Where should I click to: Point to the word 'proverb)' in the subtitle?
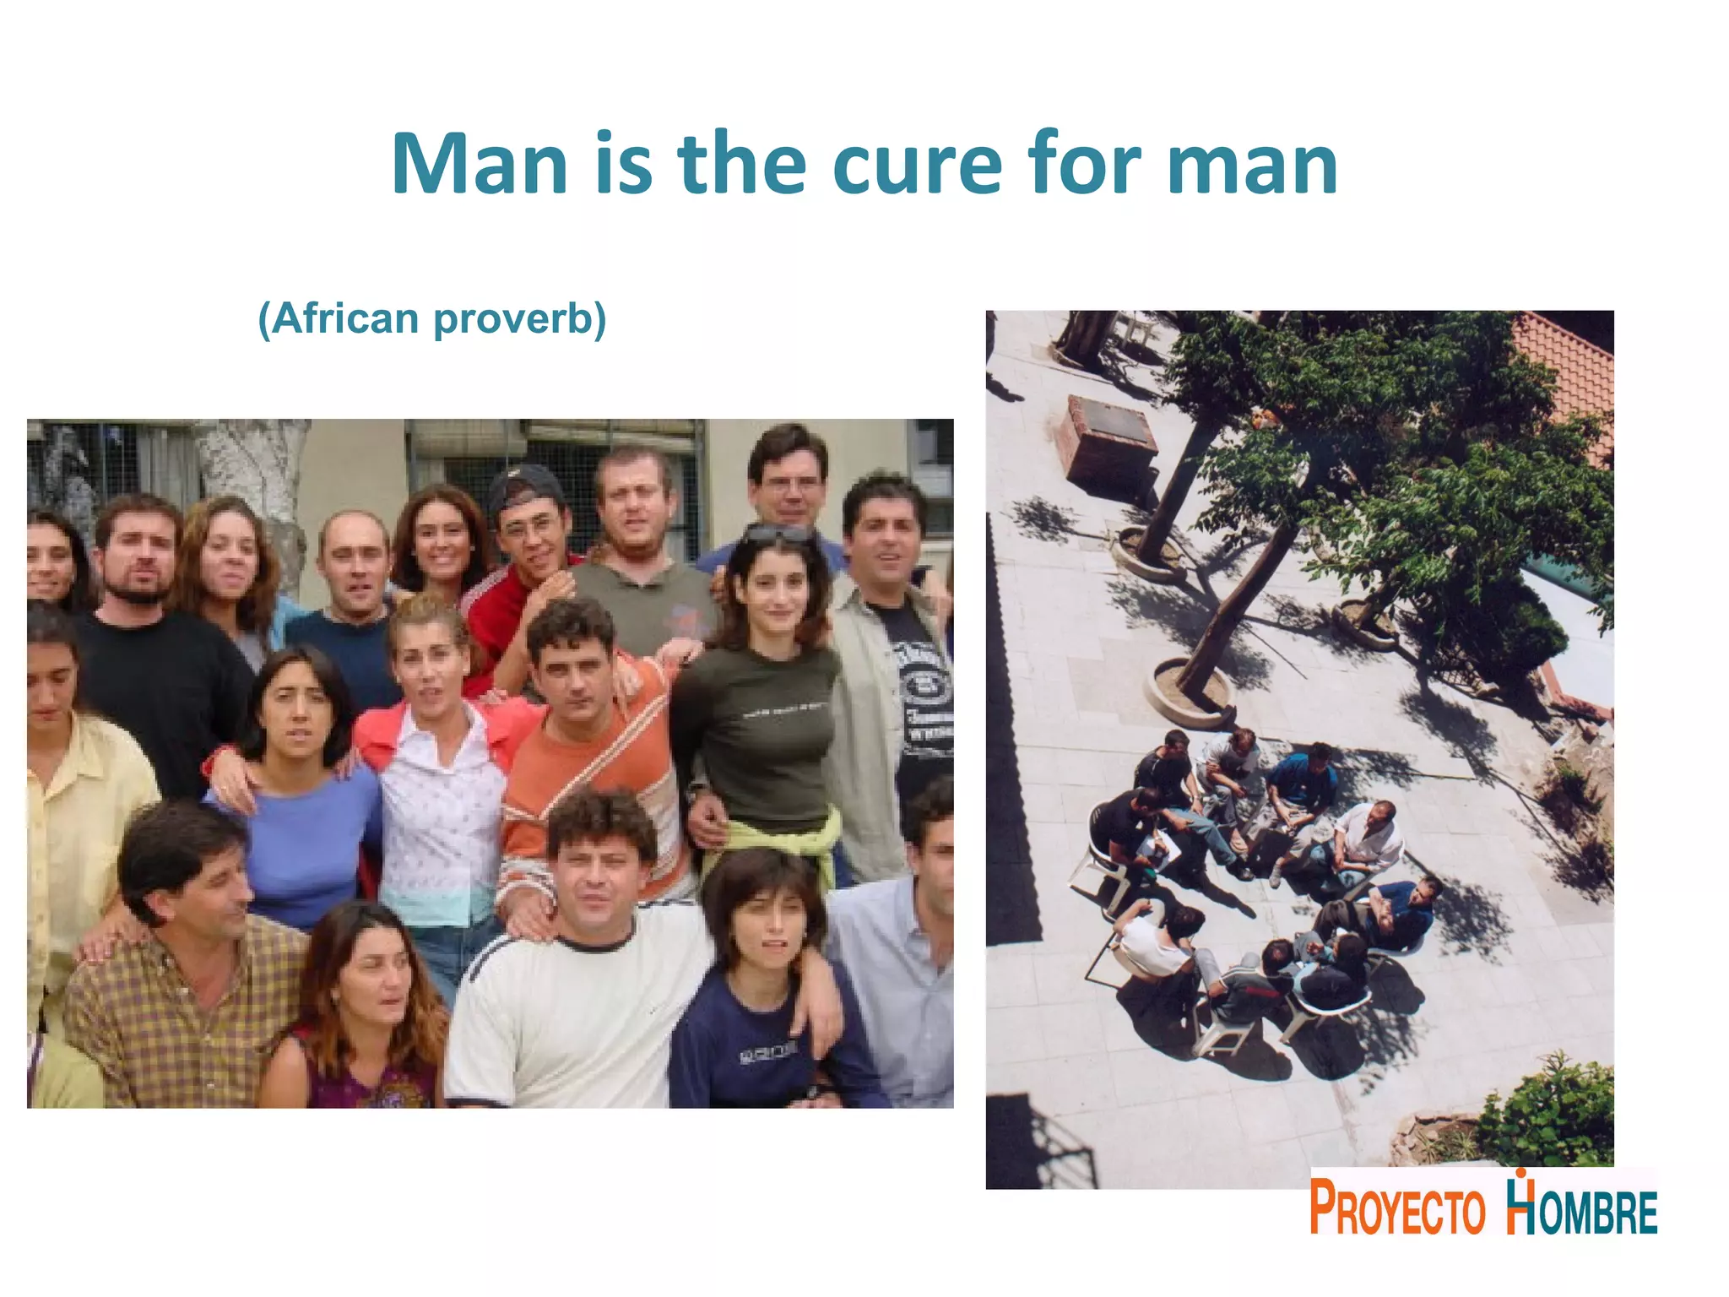click(520, 320)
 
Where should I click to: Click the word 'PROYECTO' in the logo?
click(1397, 1208)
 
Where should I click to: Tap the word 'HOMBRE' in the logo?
click(1582, 1209)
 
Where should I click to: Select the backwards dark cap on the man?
click(524, 486)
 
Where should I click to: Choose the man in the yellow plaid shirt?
click(186, 971)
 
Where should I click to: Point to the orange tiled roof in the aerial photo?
click(1566, 372)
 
